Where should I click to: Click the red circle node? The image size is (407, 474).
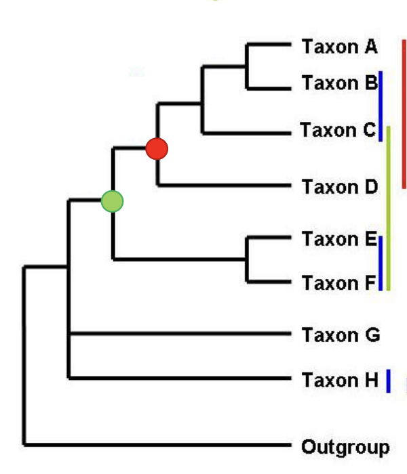[157, 148]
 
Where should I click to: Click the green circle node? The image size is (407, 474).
[112, 201]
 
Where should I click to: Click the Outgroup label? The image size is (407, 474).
[345, 447]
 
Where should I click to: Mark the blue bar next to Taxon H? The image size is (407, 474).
[389, 381]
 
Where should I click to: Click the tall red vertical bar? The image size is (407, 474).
[404, 113]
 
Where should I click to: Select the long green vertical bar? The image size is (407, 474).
[388, 208]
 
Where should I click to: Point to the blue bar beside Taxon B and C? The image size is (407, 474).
[381, 106]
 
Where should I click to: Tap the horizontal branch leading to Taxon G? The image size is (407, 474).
[183, 333]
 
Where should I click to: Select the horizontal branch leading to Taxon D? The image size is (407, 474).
[224, 185]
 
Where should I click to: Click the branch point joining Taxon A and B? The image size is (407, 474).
[247, 66]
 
